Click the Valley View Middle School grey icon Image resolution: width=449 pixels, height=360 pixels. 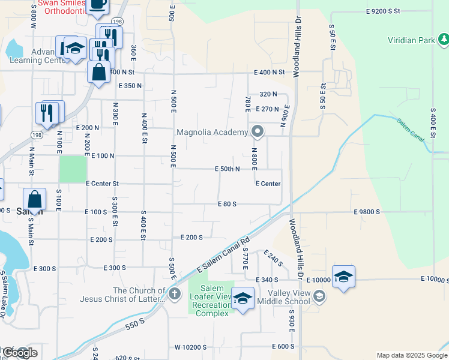point(320,295)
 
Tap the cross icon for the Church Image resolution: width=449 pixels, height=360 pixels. point(174,293)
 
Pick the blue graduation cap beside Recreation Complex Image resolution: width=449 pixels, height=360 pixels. point(243,298)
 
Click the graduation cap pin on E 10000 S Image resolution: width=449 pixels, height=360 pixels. point(343,277)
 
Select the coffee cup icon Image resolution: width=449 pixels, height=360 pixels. point(97,5)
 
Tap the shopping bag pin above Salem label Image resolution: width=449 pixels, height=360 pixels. point(35,199)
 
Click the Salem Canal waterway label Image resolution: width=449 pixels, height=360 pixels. point(411,129)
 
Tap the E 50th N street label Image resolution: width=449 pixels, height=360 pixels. point(228,169)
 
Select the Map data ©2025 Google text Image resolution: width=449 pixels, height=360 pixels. point(411,355)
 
